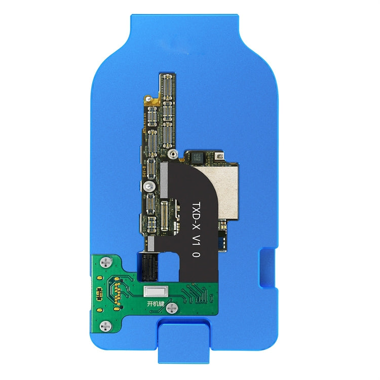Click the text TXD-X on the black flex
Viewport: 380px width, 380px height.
tap(196, 209)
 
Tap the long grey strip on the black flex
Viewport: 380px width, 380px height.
tap(163, 180)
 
